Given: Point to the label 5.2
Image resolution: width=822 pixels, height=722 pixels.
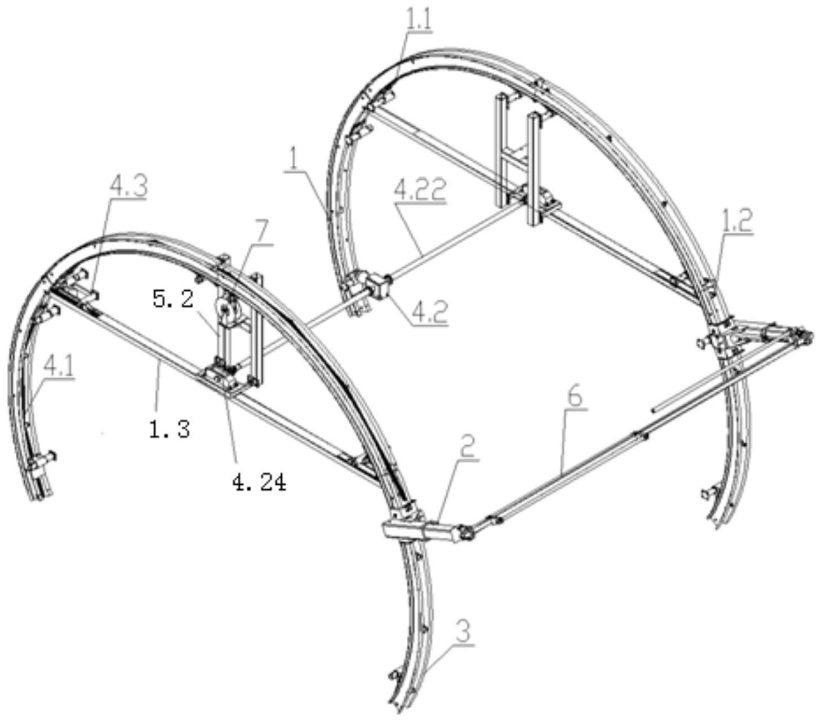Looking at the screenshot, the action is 174,299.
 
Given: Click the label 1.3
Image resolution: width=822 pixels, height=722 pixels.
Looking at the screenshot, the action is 169,430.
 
